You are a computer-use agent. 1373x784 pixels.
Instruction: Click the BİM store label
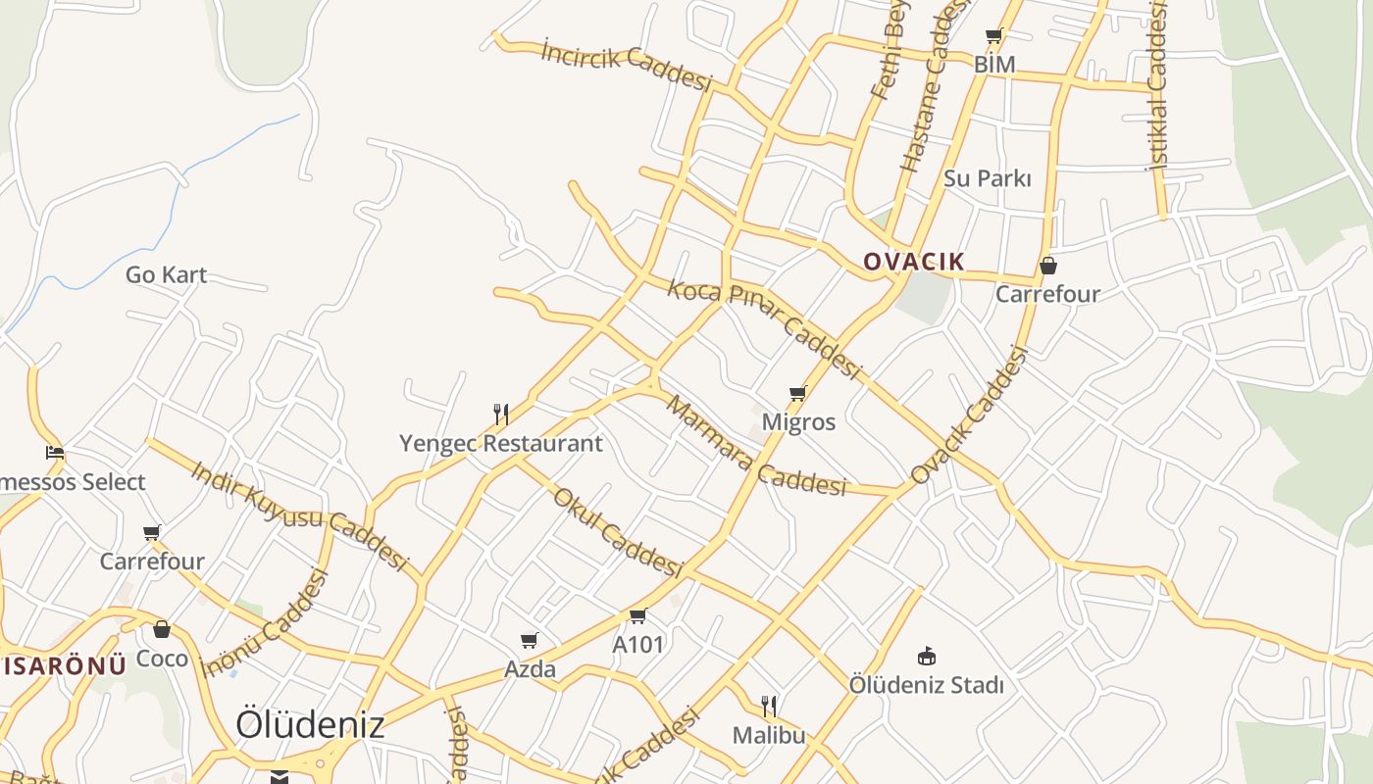click(993, 65)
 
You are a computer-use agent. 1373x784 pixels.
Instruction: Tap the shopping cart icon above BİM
click(993, 36)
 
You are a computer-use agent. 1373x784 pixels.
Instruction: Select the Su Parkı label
click(987, 178)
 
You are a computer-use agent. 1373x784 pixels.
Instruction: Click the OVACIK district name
click(914, 262)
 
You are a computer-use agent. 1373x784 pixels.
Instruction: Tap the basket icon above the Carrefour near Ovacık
click(1047, 266)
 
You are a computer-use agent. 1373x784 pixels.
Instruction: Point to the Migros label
click(798, 422)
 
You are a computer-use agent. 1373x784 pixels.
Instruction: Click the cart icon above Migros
click(797, 394)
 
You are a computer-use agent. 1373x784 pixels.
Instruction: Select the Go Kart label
click(166, 274)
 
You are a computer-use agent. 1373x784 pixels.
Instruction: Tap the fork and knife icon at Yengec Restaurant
click(500, 415)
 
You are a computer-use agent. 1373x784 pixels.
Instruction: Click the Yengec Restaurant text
click(500, 443)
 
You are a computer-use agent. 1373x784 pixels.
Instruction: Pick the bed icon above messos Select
click(55, 453)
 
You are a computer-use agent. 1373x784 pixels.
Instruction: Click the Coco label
click(162, 659)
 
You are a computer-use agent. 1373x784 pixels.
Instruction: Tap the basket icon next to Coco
click(162, 629)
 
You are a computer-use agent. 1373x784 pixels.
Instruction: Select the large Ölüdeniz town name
click(310, 725)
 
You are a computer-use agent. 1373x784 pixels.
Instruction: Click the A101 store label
click(637, 645)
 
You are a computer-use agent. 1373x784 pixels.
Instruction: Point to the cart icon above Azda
click(530, 641)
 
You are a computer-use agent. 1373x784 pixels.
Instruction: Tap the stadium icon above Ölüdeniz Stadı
click(926, 656)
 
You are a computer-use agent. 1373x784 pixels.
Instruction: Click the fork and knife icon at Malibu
click(769, 706)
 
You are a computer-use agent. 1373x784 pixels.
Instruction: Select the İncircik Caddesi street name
click(626, 66)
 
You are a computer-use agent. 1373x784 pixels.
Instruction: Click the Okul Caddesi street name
click(617, 532)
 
